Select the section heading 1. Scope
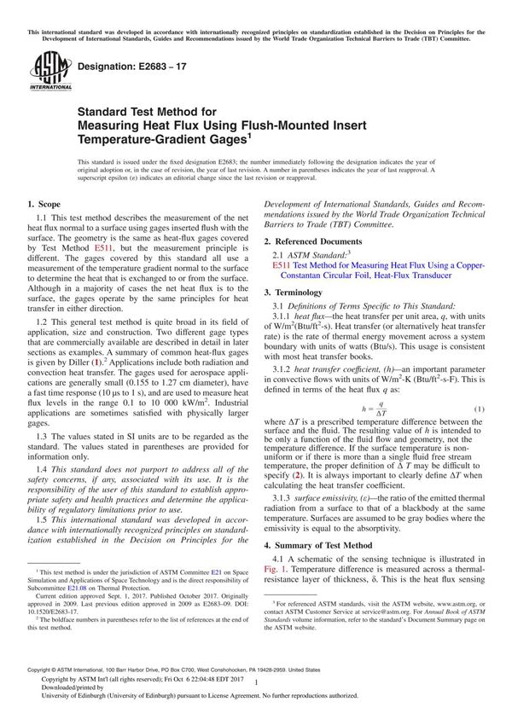pyautogui.click(x=44, y=204)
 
